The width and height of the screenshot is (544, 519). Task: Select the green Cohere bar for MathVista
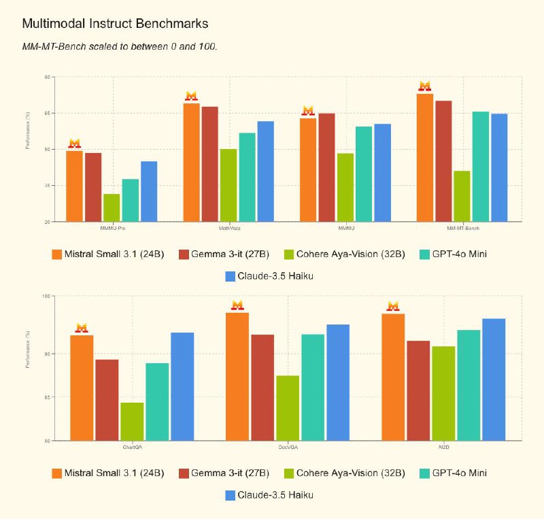[x=228, y=185]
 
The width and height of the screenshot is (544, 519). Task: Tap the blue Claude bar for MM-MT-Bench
[x=499, y=167]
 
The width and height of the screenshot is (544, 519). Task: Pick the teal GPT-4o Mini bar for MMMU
[x=364, y=173]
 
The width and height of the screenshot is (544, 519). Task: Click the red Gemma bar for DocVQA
[x=262, y=387]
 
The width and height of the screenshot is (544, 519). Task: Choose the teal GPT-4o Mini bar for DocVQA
[x=313, y=387]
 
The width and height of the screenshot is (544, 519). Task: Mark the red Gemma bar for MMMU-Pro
[x=93, y=187]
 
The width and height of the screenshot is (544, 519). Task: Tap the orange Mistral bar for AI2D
[x=393, y=377]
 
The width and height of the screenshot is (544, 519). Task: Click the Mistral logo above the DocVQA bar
[x=237, y=305]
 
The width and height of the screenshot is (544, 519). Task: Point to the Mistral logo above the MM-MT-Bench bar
[x=425, y=86]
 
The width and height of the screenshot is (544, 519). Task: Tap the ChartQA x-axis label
[x=132, y=447]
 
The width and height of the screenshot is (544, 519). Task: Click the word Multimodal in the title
[x=50, y=23]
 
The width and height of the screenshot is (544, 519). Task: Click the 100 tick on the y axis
[x=47, y=296]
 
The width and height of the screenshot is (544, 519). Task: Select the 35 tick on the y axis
[x=48, y=186]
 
